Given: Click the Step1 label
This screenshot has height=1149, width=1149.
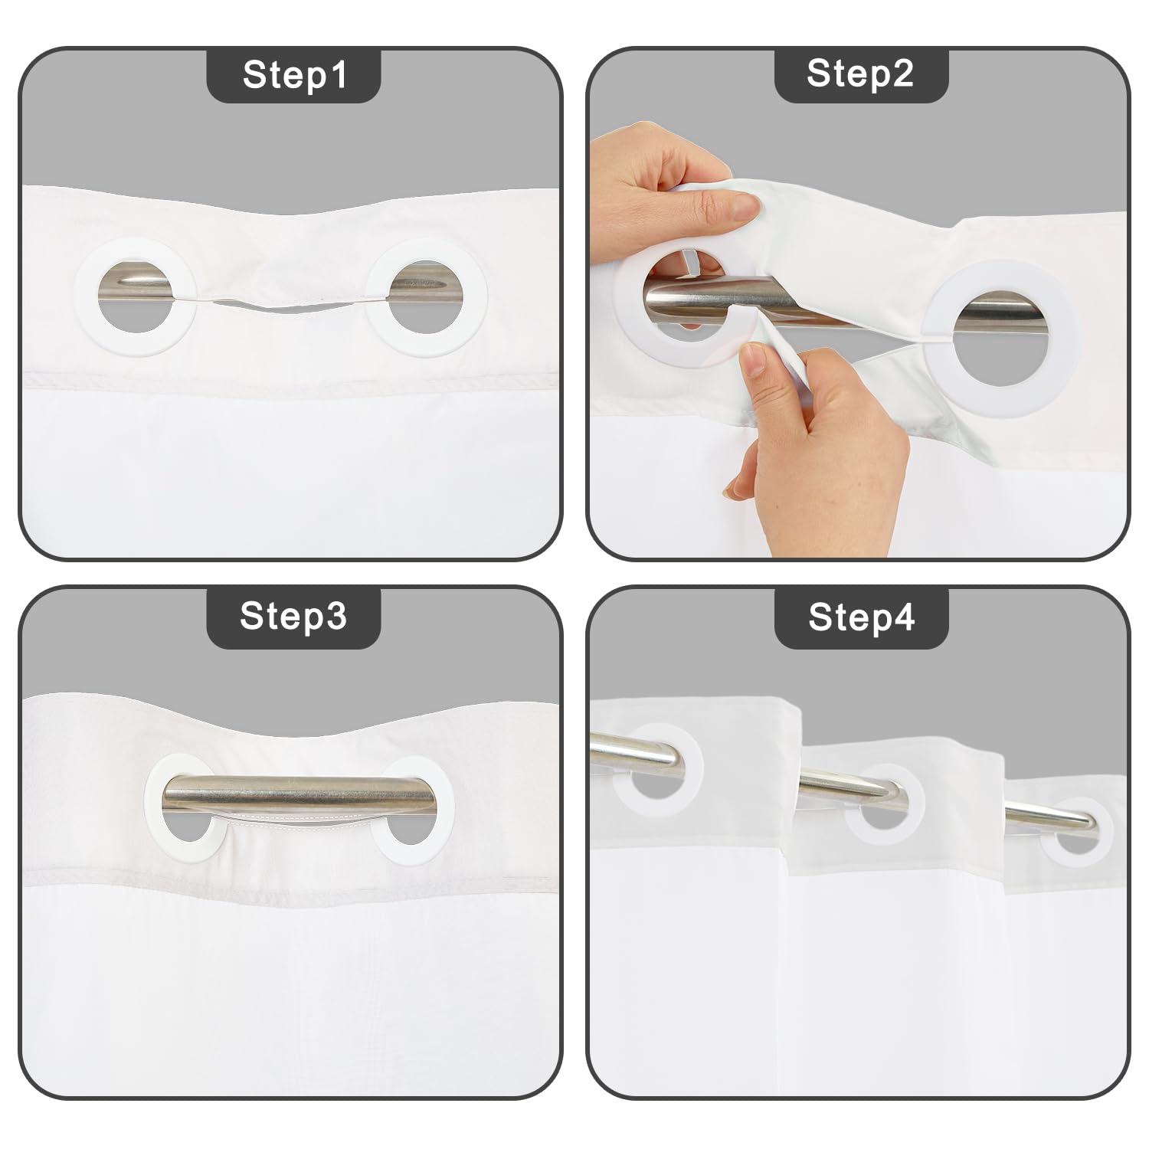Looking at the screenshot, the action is click(295, 75).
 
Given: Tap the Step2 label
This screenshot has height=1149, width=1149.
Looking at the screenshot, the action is click(860, 74).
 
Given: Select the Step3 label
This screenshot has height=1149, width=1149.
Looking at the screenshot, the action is click(293, 616).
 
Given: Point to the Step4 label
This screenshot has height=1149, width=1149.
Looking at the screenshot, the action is click(862, 616).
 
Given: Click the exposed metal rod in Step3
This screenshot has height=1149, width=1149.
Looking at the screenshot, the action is click(299, 794).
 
